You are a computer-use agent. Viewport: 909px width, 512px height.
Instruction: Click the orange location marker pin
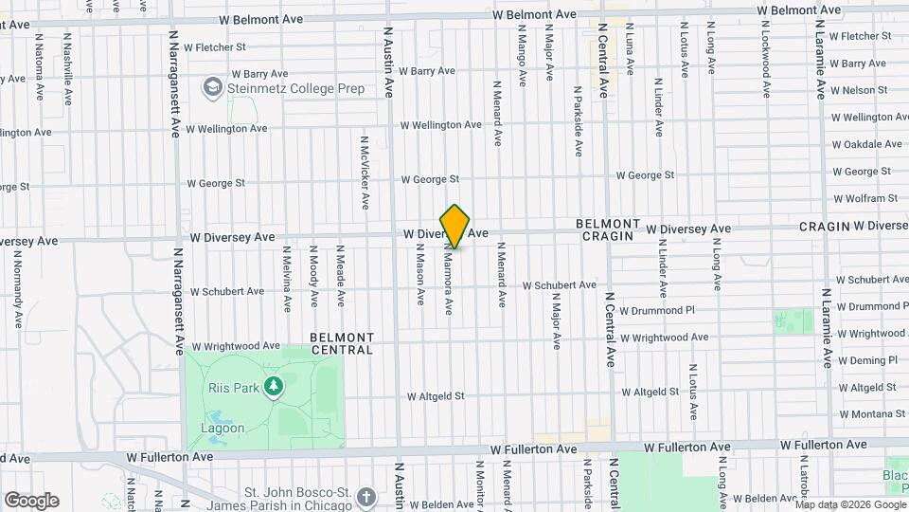click(x=455, y=226)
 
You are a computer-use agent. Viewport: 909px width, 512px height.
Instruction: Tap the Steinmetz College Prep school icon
click(x=213, y=89)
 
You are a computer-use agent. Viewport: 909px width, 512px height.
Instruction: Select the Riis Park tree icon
click(x=274, y=387)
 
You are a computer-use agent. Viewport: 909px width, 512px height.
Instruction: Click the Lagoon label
click(x=223, y=428)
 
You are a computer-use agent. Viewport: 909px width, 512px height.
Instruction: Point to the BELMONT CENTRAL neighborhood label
click(x=342, y=343)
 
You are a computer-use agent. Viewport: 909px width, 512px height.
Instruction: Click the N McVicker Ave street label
click(x=365, y=172)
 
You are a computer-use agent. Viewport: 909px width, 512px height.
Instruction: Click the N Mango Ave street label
click(x=522, y=53)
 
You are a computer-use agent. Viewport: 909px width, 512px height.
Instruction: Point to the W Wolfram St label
click(x=864, y=199)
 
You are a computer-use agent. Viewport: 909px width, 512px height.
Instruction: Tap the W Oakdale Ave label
click(x=866, y=145)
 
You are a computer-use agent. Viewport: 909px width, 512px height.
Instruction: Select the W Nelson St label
click(x=864, y=90)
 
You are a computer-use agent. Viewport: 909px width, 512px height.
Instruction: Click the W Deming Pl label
click(x=866, y=361)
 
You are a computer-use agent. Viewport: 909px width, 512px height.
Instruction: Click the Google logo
click(x=31, y=501)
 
